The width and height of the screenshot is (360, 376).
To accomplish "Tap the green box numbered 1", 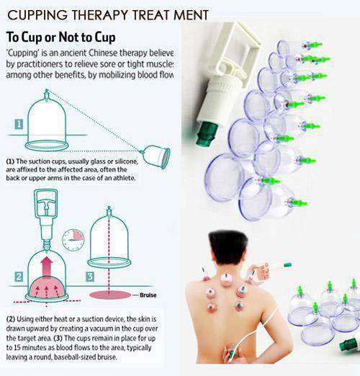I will click(x=18, y=124).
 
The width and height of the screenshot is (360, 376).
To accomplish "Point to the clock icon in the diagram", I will click(x=73, y=240).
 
